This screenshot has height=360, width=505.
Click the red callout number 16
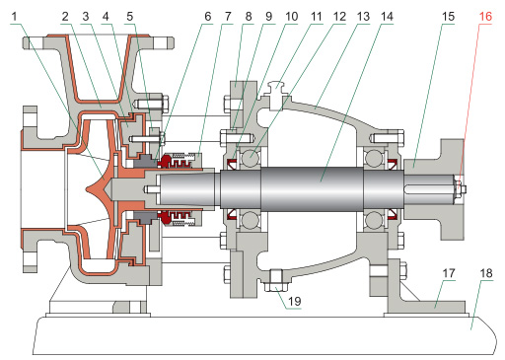coord(485,17)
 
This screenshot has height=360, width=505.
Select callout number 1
coord(14,17)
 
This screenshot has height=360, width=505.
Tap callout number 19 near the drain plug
coord(294,301)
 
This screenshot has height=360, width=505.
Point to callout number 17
coord(449,273)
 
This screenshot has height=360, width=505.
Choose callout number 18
coord(486,273)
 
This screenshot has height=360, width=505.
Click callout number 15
coord(448,17)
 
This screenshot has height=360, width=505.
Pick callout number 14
coord(387,17)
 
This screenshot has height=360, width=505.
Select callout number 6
coord(208,17)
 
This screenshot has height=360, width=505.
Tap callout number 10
coord(291,17)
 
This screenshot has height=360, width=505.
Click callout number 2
coord(65,17)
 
